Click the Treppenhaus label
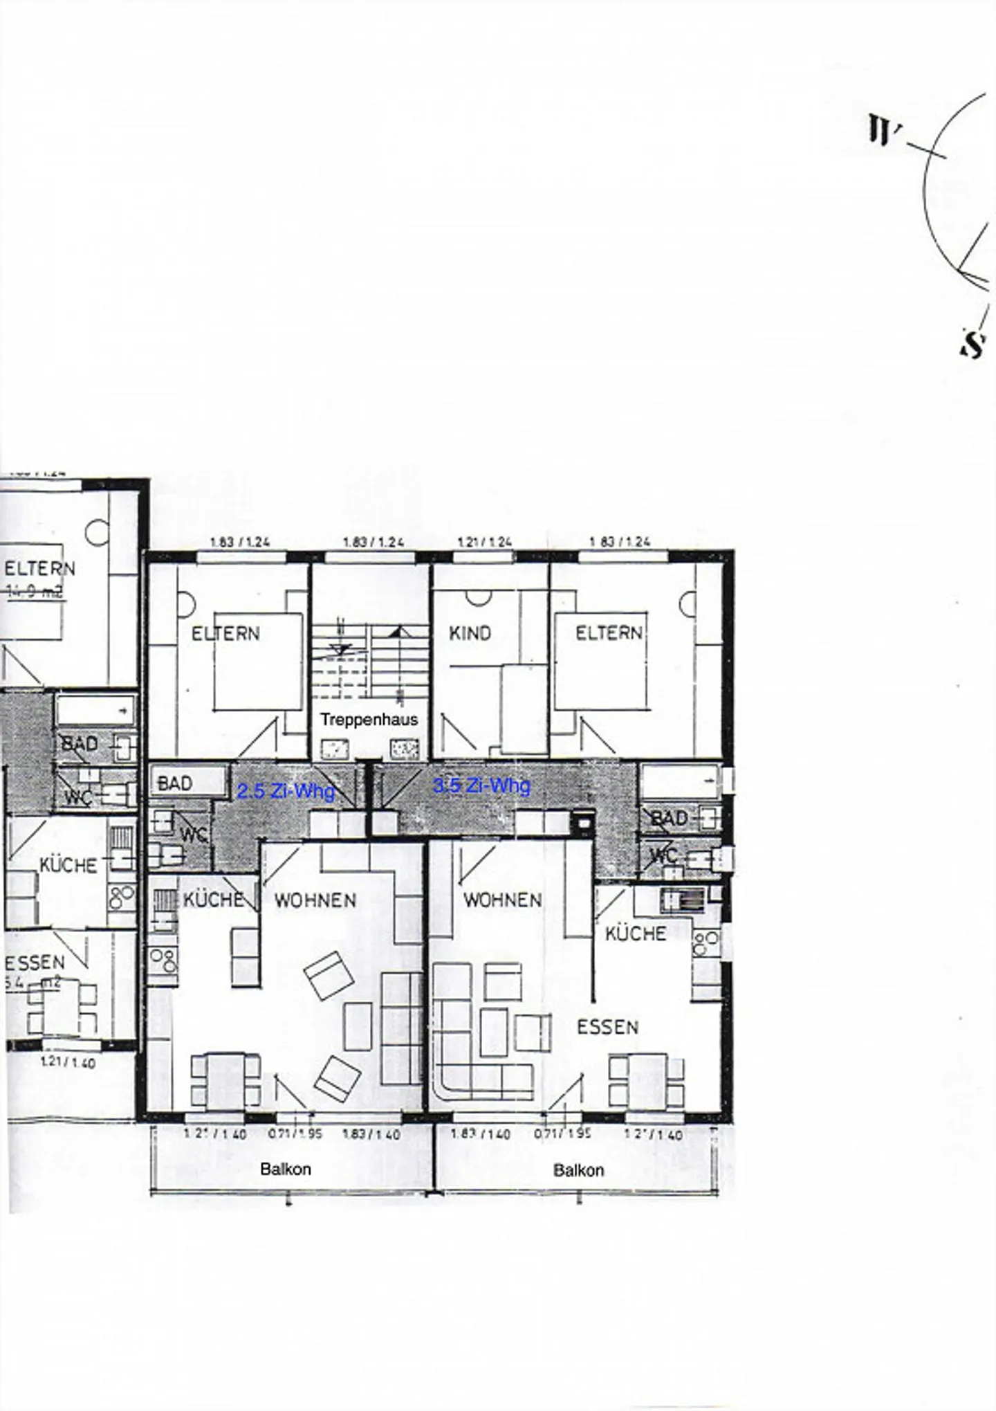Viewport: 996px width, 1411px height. click(369, 720)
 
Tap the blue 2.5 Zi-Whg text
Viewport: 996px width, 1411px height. click(286, 791)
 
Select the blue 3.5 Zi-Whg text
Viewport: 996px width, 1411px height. click(481, 785)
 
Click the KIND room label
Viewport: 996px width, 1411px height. click(470, 633)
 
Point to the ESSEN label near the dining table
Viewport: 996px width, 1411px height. click(607, 1027)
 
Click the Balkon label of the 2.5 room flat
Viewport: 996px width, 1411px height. click(285, 1169)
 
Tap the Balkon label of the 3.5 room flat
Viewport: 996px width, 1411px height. click(578, 1170)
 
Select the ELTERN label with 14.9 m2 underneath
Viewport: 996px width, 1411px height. click(39, 569)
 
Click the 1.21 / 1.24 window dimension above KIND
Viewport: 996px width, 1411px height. click(484, 542)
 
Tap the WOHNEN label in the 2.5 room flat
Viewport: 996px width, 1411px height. click(315, 900)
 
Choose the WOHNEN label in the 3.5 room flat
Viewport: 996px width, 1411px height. click(502, 900)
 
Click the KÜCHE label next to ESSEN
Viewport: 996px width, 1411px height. click(635, 934)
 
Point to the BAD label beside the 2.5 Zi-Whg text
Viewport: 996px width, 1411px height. click(175, 783)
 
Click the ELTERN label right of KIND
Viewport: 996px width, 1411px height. click(609, 633)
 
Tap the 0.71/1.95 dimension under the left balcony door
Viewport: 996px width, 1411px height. click(295, 1134)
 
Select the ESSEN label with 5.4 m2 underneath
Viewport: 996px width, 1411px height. click(35, 963)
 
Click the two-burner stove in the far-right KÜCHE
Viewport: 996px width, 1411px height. click(705, 940)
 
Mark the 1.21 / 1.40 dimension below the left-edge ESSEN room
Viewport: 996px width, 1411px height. click(68, 1063)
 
